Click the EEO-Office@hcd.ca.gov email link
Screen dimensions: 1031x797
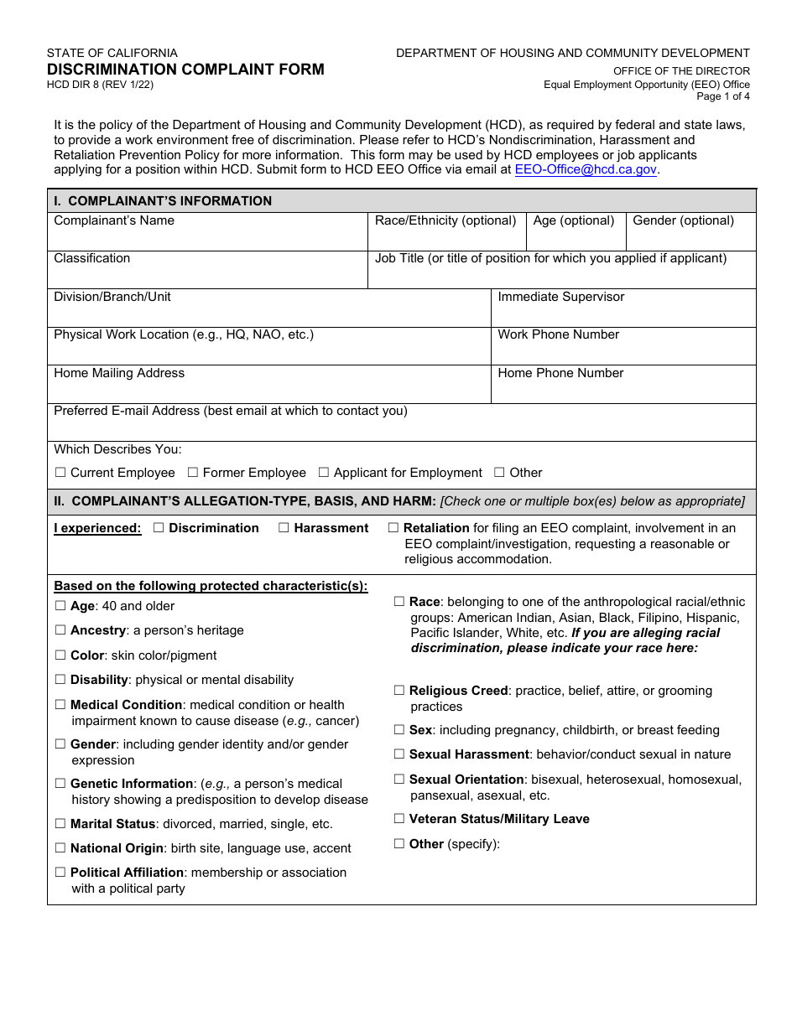(x=585, y=169)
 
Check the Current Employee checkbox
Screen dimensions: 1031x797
(x=60, y=473)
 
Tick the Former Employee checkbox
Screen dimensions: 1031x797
(x=193, y=473)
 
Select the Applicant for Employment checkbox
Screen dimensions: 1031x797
(x=324, y=473)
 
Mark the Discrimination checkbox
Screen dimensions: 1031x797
(x=159, y=528)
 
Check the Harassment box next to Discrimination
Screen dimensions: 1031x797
(x=284, y=528)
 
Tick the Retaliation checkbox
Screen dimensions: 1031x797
(x=393, y=528)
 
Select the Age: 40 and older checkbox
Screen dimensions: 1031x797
(x=60, y=606)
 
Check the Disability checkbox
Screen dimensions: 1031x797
(x=60, y=680)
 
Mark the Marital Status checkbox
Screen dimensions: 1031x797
(x=60, y=824)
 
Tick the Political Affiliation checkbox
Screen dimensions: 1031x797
(x=60, y=873)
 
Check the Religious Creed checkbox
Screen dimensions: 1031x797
(x=399, y=691)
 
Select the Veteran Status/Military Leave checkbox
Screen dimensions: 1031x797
(x=399, y=819)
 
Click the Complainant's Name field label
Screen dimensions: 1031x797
(x=114, y=220)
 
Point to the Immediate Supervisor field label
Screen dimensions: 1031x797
(x=560, y=297)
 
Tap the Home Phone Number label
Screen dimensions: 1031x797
(x=560, y=373)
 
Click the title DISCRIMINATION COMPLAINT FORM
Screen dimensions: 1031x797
(x=185, y=70)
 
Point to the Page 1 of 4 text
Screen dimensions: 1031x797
(x=723, y=96)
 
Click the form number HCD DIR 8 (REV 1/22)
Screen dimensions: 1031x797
(x=100, y=85)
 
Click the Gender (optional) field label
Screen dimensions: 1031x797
(x=683, y=220)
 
